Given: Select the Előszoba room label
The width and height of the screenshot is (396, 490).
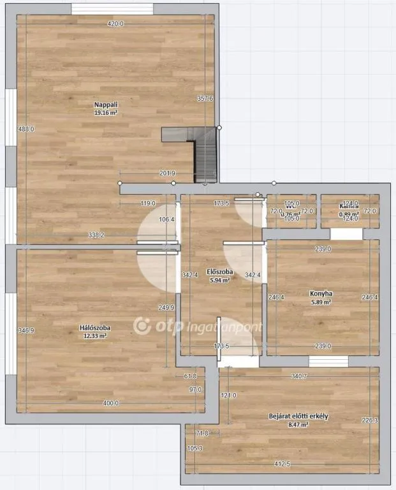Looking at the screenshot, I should (x=220, y=272).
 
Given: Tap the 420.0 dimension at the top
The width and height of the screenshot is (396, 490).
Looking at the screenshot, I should (x=115, y=24).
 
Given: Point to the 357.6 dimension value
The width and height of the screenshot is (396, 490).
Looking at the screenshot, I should (x=205, y=98).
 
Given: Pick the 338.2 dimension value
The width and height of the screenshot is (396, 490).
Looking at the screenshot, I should (x=96, y=235).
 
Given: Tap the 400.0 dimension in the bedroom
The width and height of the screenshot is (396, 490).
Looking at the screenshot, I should (x=111, y=403).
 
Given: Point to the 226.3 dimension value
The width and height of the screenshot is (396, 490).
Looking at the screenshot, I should (x=369, y=420).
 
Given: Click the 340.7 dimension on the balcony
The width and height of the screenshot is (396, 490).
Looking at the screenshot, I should (x=299, y=376).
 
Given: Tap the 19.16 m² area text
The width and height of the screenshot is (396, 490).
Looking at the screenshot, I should (x=106, y=112).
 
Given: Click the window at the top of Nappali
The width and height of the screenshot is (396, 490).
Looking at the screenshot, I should (x=112, y=9).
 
